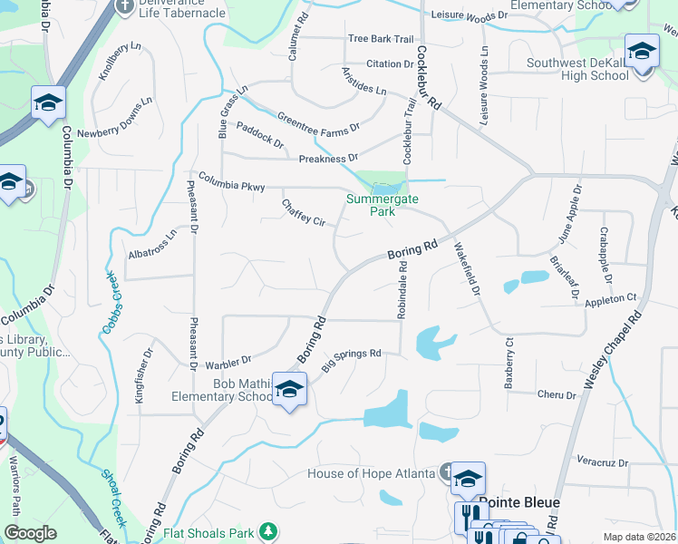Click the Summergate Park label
pos(372,205)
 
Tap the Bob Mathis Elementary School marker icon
pos(289,391)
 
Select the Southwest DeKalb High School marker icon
pos(642,50)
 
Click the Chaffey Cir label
pos(304,213)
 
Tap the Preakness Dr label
pos(329,158)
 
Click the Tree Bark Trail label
pos(381,39)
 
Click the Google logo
pos(31,533)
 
